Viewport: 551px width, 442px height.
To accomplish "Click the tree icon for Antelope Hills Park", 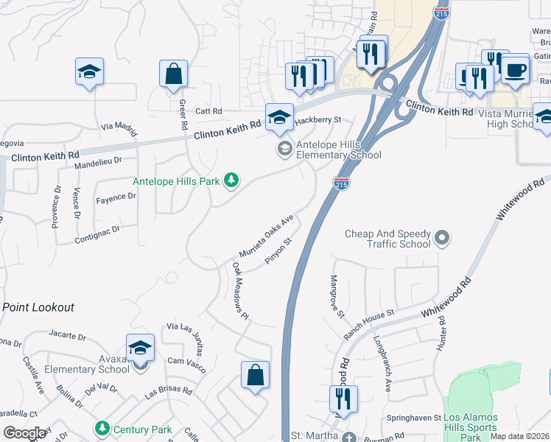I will click(231, 180).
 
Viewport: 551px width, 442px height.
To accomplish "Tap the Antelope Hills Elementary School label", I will click(338, 150).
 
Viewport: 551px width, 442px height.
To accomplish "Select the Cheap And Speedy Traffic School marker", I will click(441, 237).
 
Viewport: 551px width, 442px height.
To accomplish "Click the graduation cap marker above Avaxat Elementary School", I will click(140, 348).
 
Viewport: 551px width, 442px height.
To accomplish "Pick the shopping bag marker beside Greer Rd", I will click(174, 74).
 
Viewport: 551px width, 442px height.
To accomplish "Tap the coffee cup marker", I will click(515, 70).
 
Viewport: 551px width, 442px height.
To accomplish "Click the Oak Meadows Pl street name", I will click(241, 291).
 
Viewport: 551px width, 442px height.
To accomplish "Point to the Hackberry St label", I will click(318, 119).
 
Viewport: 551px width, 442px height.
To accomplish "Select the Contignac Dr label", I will click(96, 235).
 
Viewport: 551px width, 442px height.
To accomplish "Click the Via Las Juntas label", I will click(186, 335).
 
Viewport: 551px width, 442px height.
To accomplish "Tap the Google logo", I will click(25, 432).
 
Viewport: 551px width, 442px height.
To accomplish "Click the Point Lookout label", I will click(38, 306).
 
